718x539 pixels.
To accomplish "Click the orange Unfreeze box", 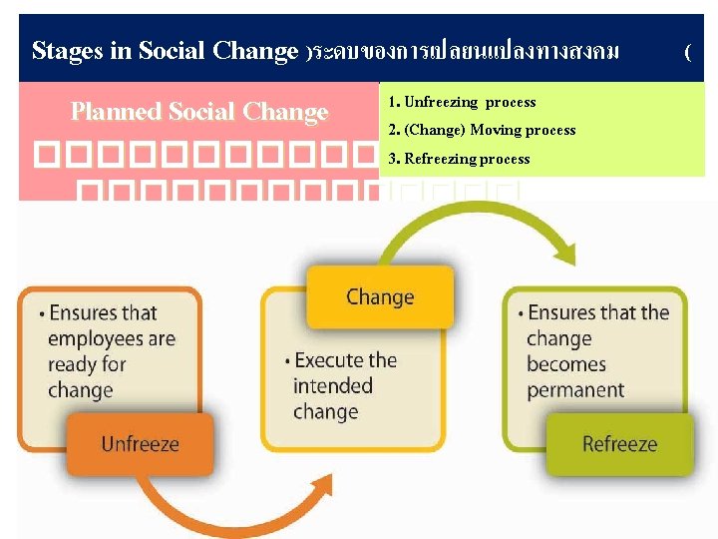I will tap(140, 443).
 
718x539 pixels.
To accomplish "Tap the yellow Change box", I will tap(379, 296).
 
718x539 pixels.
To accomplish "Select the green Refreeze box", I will tap(619, 443).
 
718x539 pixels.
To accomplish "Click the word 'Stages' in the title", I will tap(68, 51).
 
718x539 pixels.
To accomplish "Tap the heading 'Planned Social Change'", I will tap(199, 112).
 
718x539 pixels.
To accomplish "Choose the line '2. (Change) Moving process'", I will tap(482, 130).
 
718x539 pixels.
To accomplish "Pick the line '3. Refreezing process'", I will tap(459, 159).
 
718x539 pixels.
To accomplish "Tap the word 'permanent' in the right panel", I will tap(575, 389).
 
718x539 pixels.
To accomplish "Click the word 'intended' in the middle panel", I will tap(333, 386).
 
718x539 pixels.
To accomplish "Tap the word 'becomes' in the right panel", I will tap(566, 364).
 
